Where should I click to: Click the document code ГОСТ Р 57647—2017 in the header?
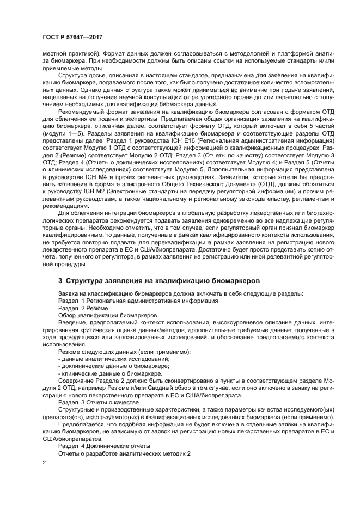click(x=72, y=37)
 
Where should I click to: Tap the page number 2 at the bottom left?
click(x=45, y=462)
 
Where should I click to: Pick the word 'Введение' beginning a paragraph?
click(x=72, y=323)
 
